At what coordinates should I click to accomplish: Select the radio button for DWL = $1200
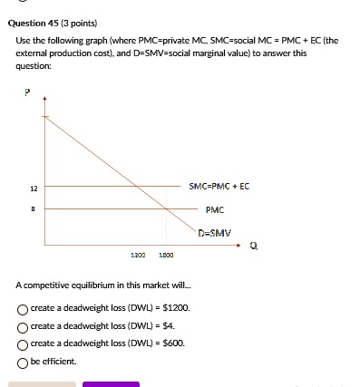pyautogui.click(x=22, y=307)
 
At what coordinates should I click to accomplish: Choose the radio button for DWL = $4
pyautogui.click(x=22, y=324)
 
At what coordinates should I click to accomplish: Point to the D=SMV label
pyautogui.click(x=216, y=233)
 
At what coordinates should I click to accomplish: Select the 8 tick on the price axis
pyautogui.click(x=34, y=208)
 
